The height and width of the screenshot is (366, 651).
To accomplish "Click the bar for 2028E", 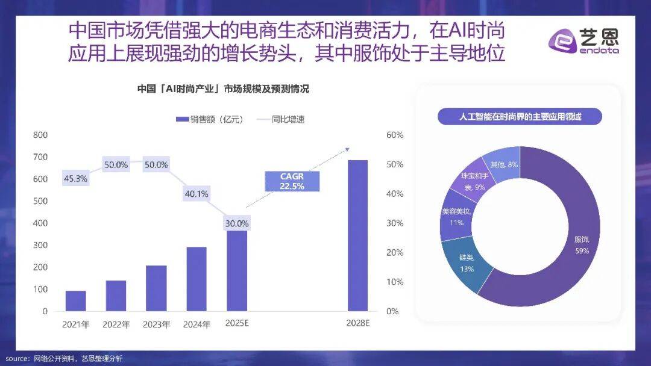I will (357, 235).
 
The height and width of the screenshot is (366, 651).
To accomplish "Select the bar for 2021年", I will (75, 300).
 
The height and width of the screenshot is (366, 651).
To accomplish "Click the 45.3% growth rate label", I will (75, 178).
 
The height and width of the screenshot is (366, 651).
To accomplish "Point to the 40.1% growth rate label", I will (196, 194).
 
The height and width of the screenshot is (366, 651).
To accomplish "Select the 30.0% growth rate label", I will (236, 223).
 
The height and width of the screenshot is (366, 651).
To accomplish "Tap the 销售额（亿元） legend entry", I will (209, 119).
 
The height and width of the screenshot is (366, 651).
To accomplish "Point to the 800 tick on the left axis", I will (40, 135).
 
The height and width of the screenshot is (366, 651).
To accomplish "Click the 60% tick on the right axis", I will (394, 135).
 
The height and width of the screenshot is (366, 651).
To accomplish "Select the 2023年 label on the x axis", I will (156, 324).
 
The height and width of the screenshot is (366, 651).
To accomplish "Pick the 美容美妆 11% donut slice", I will (456, 217).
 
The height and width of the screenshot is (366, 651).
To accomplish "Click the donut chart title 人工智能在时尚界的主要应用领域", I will (519, 117).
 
